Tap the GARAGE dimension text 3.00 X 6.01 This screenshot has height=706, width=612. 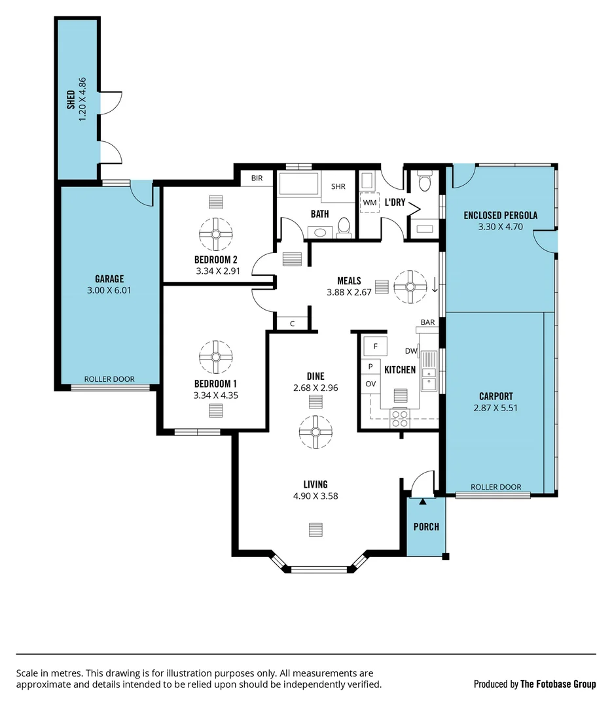tap(109, 290)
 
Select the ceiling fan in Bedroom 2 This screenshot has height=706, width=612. tap(216, 234)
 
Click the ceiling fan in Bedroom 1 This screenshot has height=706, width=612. tap(216, 357)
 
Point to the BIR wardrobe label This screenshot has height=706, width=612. tap(257, 178)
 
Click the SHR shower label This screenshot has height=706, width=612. tap(338, 186)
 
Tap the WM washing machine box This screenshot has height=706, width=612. tap(370, 203)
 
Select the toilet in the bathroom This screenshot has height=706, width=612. tap(344, 228)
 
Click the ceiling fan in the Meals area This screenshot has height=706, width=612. tap(410, 286)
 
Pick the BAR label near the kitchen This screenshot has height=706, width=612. tap(428, 322)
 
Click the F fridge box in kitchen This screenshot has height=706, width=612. tap(375, 346)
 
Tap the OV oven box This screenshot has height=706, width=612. tap(370, 384)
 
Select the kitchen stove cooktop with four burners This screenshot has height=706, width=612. tap(399, 418)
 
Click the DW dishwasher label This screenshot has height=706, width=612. tap(411, 351)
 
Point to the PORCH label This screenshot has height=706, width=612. tap(426, 527)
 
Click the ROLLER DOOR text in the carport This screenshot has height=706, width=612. tap(496, 487)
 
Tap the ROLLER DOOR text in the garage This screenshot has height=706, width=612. tap(109, 379)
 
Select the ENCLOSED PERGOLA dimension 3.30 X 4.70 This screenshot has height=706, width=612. tap(501, 227)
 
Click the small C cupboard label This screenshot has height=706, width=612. tap(292, 323)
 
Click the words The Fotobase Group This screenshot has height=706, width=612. tap(558, 684)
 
